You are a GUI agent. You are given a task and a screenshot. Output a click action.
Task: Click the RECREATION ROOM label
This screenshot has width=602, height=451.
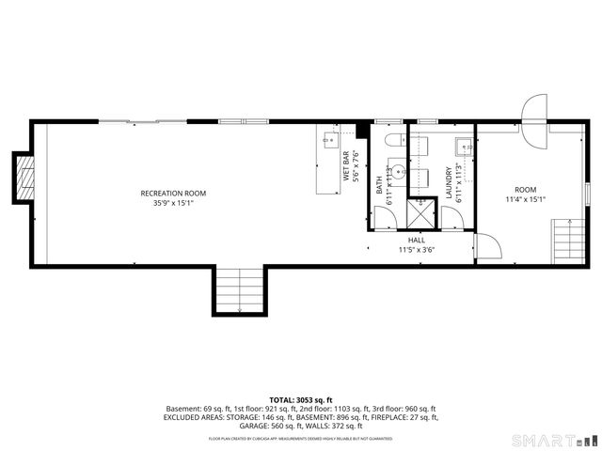[173, 194]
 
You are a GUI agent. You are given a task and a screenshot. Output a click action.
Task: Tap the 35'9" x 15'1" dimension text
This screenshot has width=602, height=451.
[173, 203]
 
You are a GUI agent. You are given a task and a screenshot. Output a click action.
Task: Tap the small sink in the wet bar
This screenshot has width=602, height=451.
[331, 141]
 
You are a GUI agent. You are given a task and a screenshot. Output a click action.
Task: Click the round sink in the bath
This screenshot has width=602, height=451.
[398, 172]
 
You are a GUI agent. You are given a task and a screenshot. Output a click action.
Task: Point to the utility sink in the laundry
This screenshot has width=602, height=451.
[464, 146]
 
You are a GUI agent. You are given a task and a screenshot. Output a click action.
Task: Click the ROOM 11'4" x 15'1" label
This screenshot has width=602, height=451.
[525, 194]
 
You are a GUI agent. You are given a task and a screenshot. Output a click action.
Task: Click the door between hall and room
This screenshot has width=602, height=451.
[488, 247]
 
